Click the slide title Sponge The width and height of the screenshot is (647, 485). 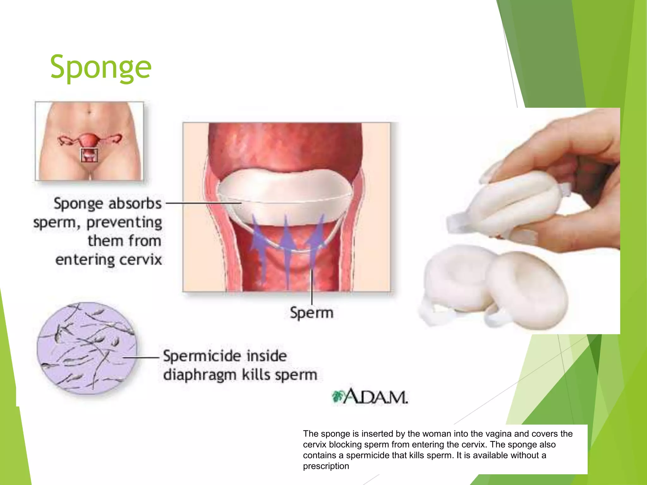click(x=101, y=67)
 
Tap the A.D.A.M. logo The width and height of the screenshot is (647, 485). click(x=370, y=397)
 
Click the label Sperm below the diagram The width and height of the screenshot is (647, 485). click(x=311, y=313)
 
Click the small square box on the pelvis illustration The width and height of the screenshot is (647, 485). click(x=89, y=155)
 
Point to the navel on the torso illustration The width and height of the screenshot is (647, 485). click(x=89, y=111)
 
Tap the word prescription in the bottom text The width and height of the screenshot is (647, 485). click(x=326, y=466)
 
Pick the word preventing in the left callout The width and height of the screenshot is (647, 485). click(x=124, y=222)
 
